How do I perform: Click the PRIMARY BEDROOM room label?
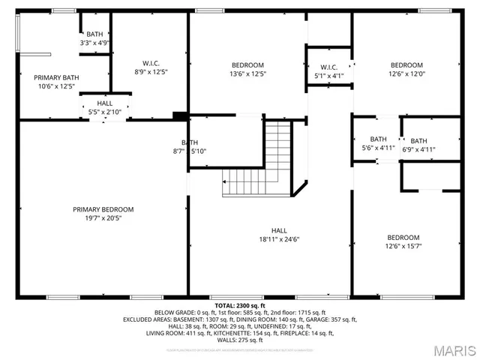click(103, 209)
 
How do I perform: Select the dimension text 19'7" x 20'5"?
click(103, 218)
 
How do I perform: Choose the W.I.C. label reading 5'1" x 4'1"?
click(328, 67)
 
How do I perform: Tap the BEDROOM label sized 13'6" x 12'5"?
click(247, 65)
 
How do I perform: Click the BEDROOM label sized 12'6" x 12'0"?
click(406, 65)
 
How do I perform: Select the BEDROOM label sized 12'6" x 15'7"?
click(403, 237)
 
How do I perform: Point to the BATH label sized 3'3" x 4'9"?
click(94, 34)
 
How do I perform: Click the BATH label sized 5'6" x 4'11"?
click(378, 139)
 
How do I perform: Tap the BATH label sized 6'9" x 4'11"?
click(418, 141)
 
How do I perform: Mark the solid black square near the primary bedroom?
click(179, 115)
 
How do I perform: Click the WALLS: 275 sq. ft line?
click(240, 339)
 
